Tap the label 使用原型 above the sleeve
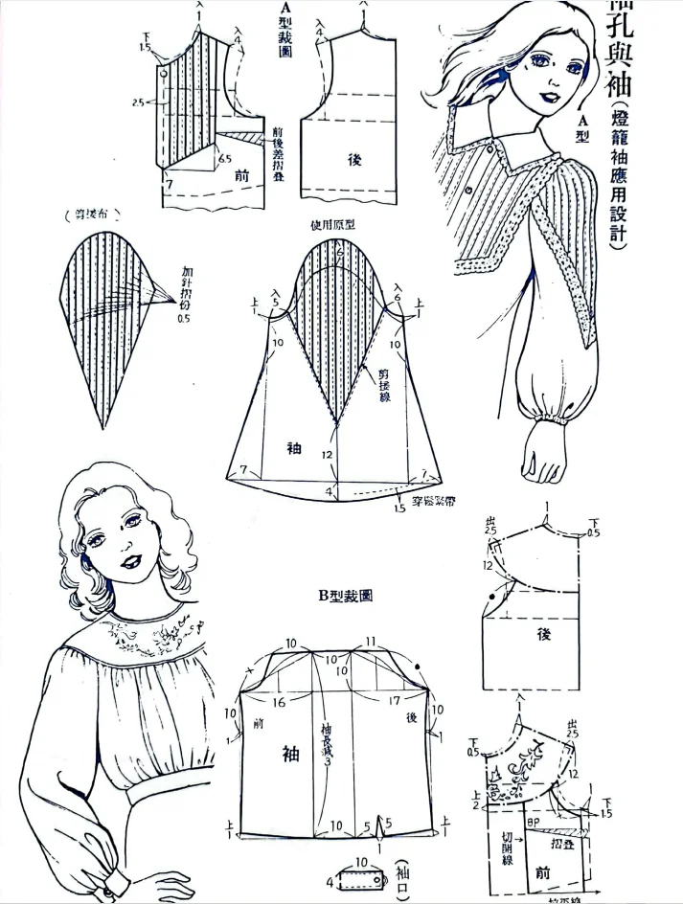(334, 226)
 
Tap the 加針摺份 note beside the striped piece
(183, 291)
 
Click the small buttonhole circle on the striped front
(165, 74)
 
